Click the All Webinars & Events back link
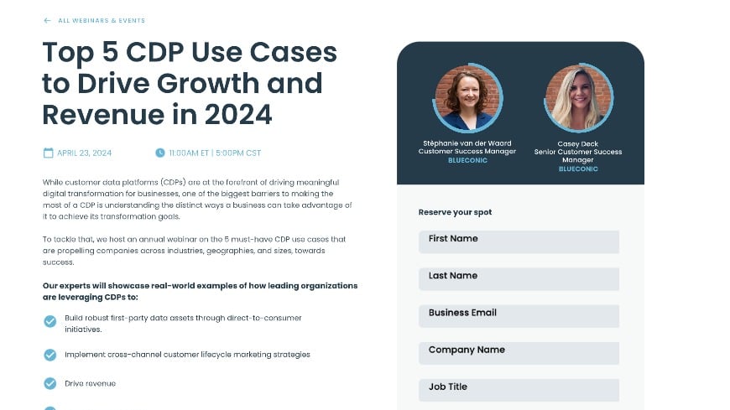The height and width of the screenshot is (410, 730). pos(102,21)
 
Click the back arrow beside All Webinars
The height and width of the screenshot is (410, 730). pos(47,21)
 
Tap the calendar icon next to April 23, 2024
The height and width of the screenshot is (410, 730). pos(48,153)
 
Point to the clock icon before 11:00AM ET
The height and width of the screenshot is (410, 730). pos(160,153)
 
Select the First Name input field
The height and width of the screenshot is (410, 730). pos(519,241)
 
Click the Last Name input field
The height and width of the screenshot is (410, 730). pos(519,278)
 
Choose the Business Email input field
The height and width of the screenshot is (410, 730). pos(519,315)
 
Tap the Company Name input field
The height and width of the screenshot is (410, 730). pos(519,352)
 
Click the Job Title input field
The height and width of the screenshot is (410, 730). pos(519,389)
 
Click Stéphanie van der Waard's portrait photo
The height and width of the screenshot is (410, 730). pos(467,98)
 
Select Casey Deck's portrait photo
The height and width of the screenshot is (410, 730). pos(578,98)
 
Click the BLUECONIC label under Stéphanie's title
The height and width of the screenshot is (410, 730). pos(467,160)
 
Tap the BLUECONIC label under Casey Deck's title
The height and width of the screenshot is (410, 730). pos(578,169)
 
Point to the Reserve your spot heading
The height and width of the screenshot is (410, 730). pos(455,212)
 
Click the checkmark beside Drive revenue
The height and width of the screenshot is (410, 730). pos(50,383)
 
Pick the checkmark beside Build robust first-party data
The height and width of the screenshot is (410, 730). pos(50,321)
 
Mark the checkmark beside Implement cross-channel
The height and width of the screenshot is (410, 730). pos(50,355)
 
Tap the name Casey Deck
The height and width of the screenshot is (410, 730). pos(578,143)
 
